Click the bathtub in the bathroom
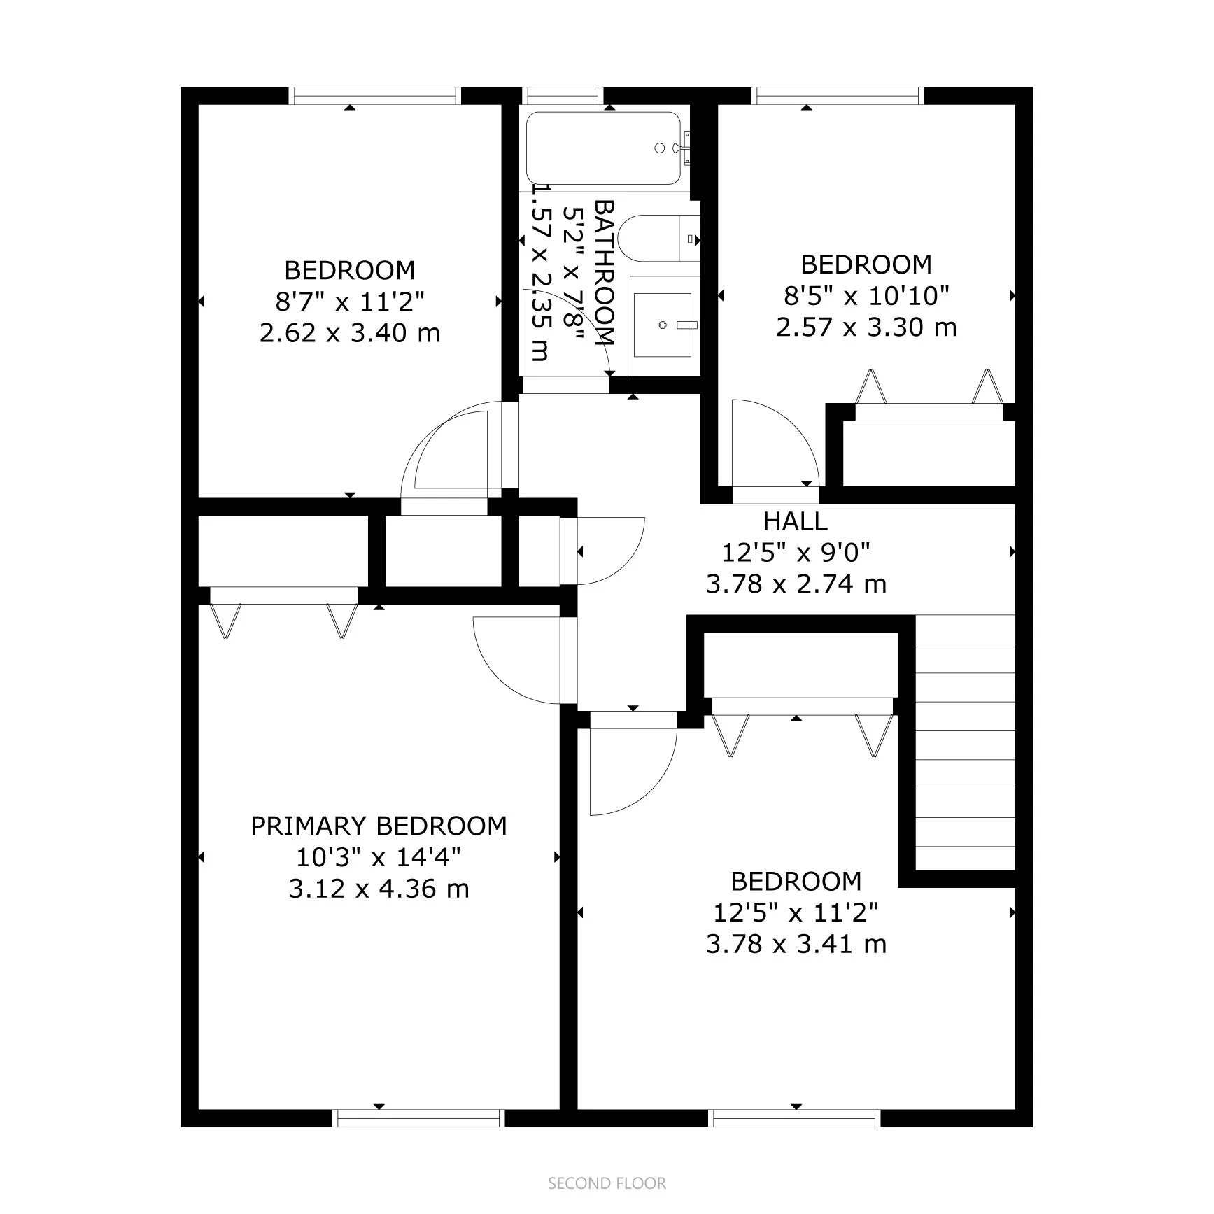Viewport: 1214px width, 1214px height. pyautogui.click(x=602, y=148)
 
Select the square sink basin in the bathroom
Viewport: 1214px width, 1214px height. pyautogui.click(x=662, y=324)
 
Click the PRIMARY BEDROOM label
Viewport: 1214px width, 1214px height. pyautogui.click(x=379, y=826)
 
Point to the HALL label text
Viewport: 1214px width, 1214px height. pyautogui.click(x=795, y=521)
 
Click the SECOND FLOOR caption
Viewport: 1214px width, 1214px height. pyautogui.click(x=607, y=1183)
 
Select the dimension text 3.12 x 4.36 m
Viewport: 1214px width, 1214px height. pyautogui.click(x=379, y=889)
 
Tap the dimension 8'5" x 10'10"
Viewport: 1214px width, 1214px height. pyautogui.click(x=866, y=296)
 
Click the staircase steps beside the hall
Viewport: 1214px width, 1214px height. pyautogui.click(x=965, y=742)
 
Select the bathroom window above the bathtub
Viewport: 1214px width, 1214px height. pyautogui.click(x=563, y=95)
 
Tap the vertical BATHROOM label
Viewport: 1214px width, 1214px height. pyautogui.click(x=604, y=273)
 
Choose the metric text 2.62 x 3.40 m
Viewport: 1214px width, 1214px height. pyautogui.click(x=350, y=332)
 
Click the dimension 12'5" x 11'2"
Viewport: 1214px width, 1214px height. pyautogui.click(x=796, y=912)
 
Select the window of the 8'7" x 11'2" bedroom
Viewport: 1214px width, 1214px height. pyautogui.click(x=375, y=95)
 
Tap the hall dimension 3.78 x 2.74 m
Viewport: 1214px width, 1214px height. pyautogui.click(x=796, y=584)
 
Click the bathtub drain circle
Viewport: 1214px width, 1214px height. pyautogui.click(x=659, y=148)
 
